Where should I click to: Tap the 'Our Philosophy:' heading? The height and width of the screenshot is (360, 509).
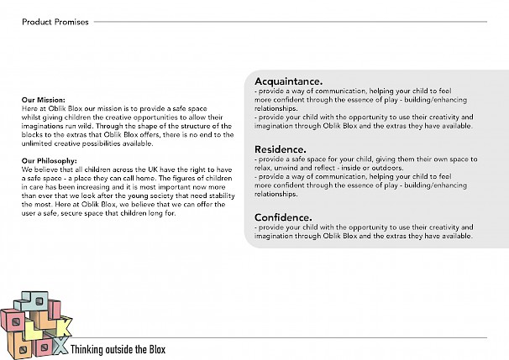50,159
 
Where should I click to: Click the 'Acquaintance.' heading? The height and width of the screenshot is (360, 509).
288,81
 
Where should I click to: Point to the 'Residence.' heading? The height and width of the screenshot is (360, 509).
280,149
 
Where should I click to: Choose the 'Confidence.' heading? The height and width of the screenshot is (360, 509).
283,217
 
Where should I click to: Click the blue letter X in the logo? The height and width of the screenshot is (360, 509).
60,345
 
